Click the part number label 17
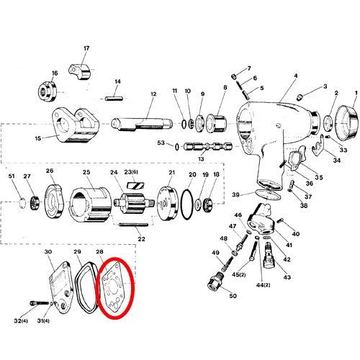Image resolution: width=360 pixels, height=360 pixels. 86,48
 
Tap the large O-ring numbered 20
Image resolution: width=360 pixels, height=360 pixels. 182,204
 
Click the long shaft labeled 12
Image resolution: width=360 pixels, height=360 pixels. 142,124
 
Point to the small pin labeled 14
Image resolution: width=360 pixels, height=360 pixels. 114,99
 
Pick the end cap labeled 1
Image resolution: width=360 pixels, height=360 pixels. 346,124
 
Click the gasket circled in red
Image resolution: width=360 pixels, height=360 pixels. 113,288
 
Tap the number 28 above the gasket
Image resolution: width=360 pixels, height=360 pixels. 99,251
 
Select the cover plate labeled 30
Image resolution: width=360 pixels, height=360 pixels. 60,288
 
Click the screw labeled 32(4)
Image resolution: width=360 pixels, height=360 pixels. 40,303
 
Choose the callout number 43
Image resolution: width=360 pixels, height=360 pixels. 287,277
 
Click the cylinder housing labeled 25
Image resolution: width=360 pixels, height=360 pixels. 91,204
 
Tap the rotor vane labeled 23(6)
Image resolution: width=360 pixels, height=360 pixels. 135,186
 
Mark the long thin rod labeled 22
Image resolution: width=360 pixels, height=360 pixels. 133,225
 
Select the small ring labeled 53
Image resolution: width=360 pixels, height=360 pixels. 177,147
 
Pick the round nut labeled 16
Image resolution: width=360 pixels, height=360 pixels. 48,91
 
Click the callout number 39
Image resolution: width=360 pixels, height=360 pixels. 235,194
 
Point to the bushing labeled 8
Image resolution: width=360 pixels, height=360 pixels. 216,124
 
